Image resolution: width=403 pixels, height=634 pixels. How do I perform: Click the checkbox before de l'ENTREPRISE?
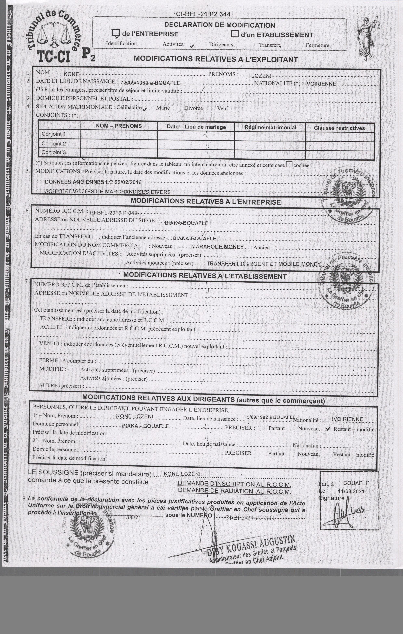point(115,33)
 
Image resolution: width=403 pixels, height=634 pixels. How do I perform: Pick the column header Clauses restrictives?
point(339,128)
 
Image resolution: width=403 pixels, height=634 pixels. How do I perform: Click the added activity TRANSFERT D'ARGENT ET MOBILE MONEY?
point(264,264)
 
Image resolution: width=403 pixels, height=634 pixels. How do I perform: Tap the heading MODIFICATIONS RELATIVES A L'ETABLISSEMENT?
point(205,276)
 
